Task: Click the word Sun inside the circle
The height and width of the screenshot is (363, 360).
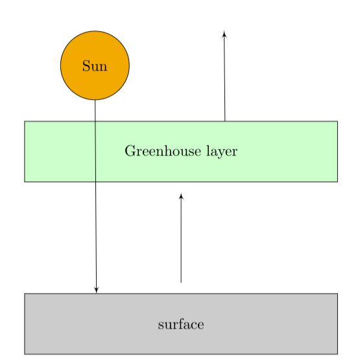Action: pos(95,66)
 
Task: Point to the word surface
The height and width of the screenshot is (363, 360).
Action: pos(181,324)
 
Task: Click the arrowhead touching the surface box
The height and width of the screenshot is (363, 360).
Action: pos(97,290)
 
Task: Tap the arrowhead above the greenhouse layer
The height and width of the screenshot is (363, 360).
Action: pos(224,33)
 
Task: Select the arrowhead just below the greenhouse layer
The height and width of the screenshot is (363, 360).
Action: pos(181,196)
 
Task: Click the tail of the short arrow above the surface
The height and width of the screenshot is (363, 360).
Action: pos(181,283)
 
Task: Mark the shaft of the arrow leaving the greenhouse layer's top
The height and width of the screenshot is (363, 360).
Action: pos(224,78)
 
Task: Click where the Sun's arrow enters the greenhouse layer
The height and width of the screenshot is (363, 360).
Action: pos(95,121)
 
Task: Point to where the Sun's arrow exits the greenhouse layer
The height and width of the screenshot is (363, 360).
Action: pos(96,182)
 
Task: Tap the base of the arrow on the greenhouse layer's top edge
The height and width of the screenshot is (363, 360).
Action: pos(225,121)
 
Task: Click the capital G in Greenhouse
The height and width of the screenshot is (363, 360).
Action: pos(128,152)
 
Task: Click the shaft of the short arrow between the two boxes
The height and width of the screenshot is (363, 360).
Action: pos(181,240)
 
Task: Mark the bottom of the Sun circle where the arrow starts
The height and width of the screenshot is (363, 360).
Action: pos(95,100)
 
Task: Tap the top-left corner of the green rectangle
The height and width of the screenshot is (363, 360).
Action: pos(25,121)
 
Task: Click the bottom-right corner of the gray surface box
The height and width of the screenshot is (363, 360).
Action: pos(337,354)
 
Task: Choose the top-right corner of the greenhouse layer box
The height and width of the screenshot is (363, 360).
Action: pos(337,121)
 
